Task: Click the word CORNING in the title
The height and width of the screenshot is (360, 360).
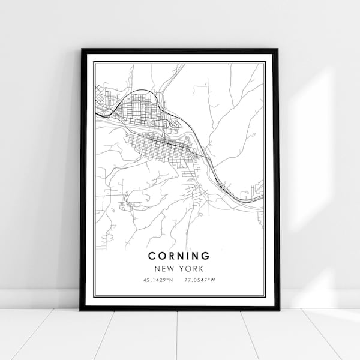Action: (x=180, y=256)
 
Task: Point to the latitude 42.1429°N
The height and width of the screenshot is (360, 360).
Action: (x=159, y=280)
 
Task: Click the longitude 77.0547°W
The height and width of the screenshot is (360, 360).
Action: (x=200, y=280)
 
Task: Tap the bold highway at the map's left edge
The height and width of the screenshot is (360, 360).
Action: (x=98, y=112)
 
